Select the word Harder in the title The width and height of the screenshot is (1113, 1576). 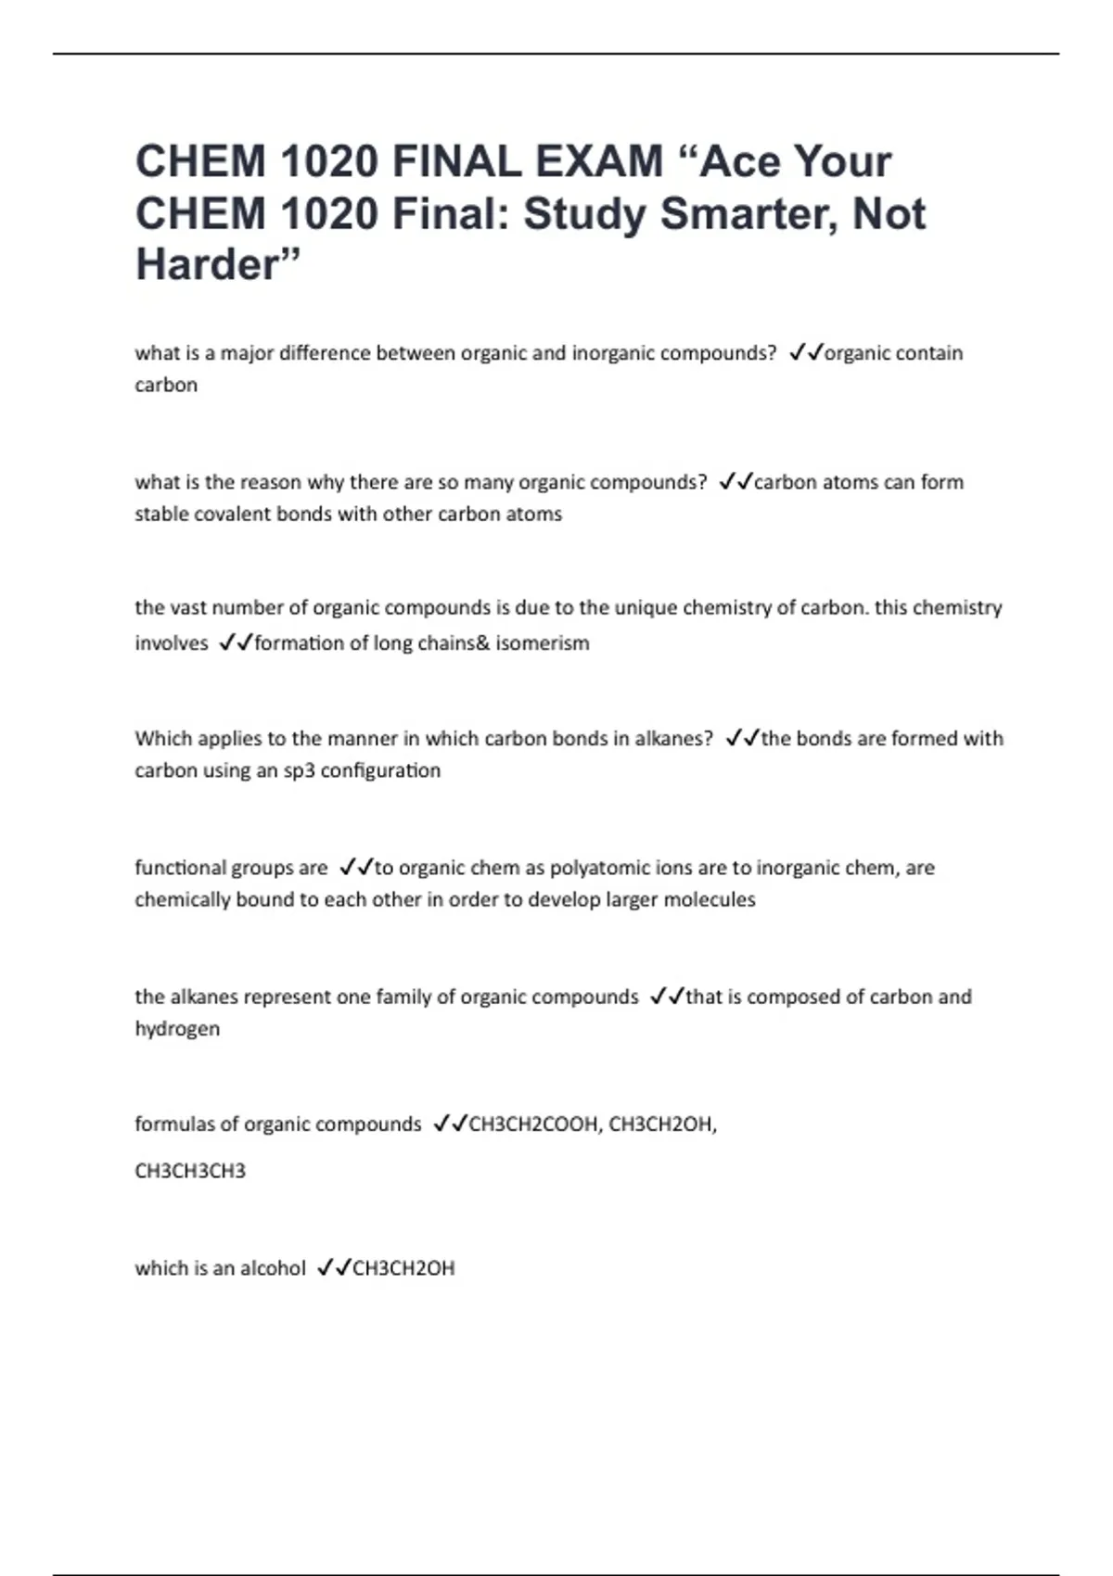pyautogui.click(x=208, y=265)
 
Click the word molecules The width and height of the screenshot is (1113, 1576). pyautogui.click(x=710, y=900)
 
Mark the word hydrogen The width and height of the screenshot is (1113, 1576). pyautogui.click(x=177, y=1029)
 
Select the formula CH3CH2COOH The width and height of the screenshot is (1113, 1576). pyautogui.click(x=533, y=1125)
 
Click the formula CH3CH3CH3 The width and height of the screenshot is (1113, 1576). pyautogui.click(x=190, y=1171)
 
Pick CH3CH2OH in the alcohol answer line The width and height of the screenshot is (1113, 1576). pyautogui.click(x=403, y=1268)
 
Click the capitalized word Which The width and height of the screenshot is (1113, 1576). pyautogui.click(x=160, y=739)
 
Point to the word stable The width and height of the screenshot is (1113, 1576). pyautogui.click(x=160, y=515)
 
